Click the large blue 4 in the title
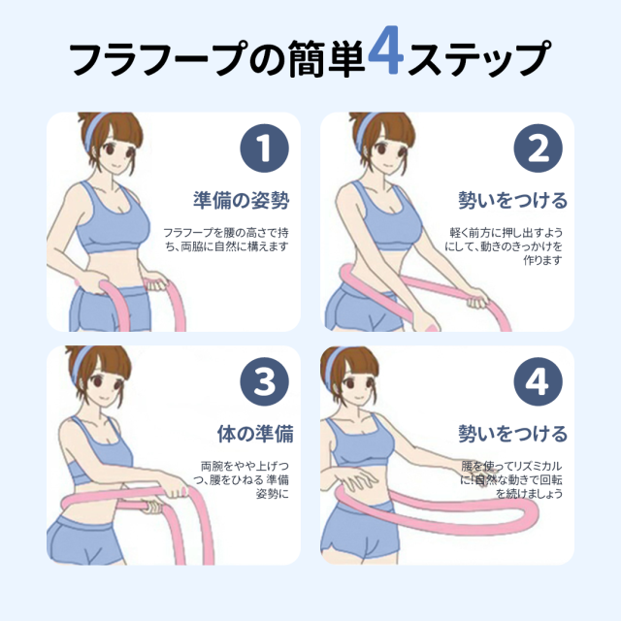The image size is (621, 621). [x=386, y=50]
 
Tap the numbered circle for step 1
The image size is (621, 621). [x=264, y=148]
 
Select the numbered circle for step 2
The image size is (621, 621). [x=538, y=148]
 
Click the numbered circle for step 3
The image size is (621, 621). [x=264, y=381]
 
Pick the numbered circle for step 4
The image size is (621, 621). [x=538, y=381]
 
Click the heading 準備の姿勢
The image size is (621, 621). [x=242, y=200]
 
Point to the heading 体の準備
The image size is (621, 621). [x=255, y=434]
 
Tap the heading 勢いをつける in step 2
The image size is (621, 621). [x=513, y=200]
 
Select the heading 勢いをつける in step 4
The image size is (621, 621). [x=513, y=434]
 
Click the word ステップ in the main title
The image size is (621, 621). [x=478, y=57]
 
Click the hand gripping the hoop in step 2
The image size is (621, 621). [x=477, y=299]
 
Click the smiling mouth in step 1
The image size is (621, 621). [x=114, y=167]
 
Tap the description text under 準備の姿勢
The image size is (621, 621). [x=226, y=240]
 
